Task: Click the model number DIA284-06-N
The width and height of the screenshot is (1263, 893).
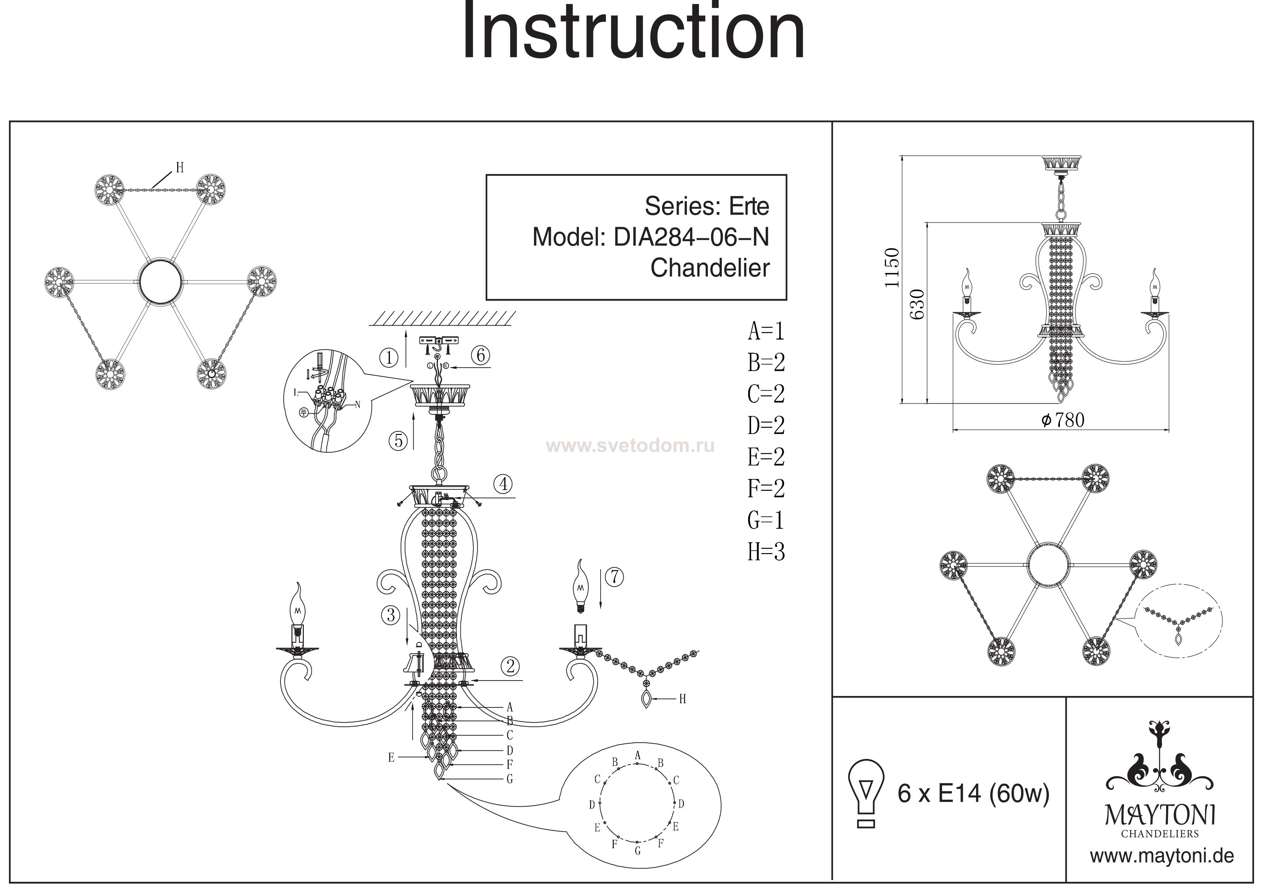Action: point(691,237)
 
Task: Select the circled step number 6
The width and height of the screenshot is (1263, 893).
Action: point(481,355)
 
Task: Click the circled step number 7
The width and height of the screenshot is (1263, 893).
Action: point(615,577)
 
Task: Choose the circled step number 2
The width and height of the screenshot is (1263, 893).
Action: point(511,666)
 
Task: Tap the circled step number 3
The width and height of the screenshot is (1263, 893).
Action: point(391,615)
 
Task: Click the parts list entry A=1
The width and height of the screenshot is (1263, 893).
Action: point(766,331)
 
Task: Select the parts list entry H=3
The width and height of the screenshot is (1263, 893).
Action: point(766,552)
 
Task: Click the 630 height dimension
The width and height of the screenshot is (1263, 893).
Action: point(917,304)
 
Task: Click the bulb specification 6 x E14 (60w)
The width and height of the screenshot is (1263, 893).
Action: point(973,793)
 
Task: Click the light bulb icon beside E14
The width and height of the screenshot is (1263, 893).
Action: point(866,793)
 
